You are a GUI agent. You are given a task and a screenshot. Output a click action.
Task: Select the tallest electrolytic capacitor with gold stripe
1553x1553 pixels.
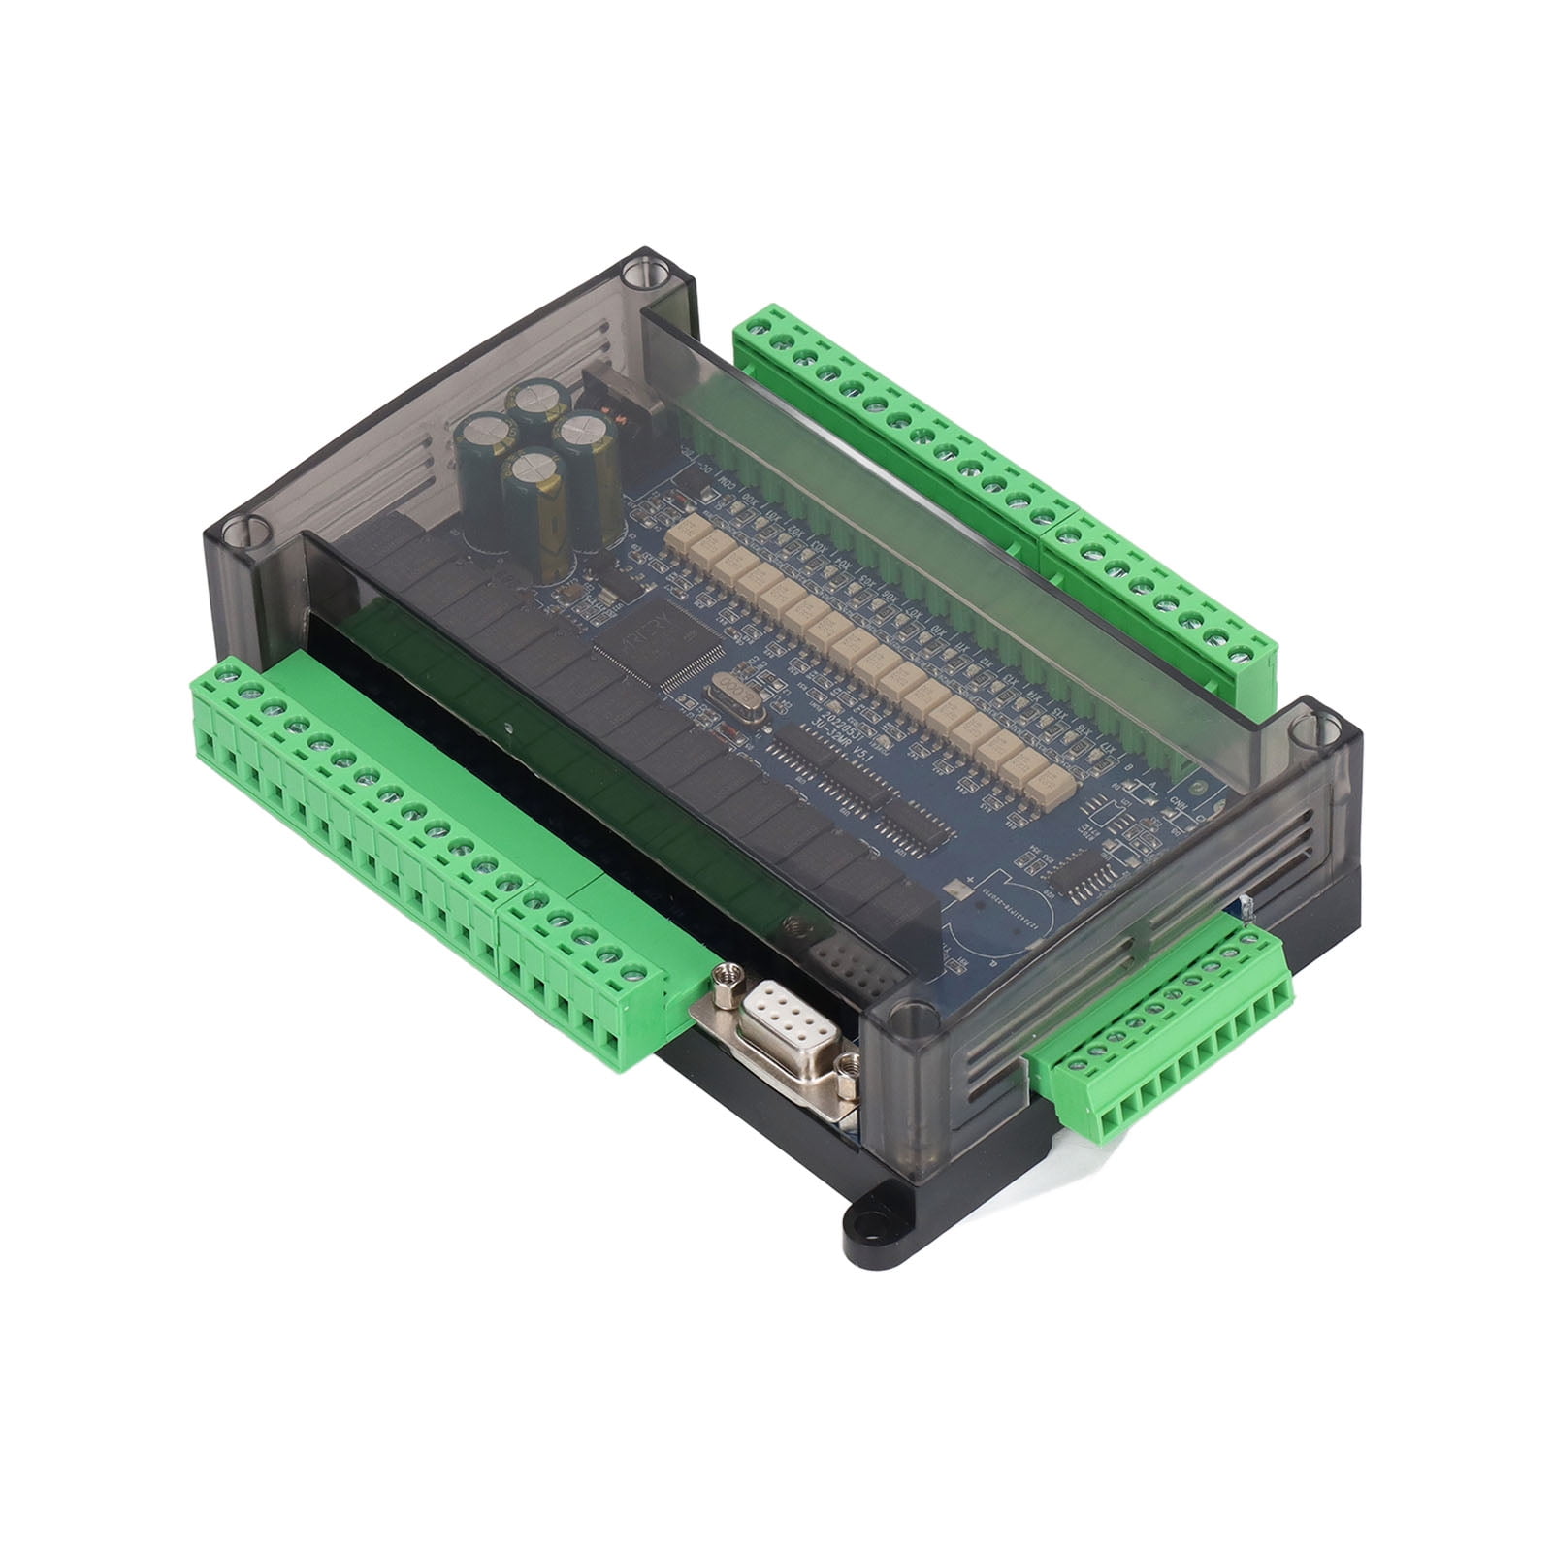coord(535,515)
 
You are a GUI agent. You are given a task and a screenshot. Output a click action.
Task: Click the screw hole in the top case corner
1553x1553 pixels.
coord(639,271)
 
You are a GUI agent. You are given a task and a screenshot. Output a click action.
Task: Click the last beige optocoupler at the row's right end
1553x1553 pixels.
coord(1039,776)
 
